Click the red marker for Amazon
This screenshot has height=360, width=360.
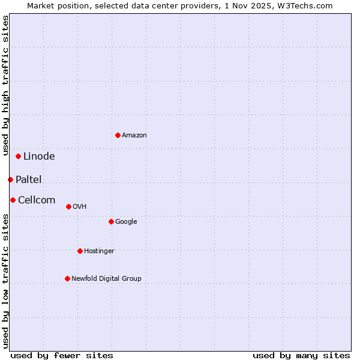(118, 135)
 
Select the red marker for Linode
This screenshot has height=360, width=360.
(18, 156)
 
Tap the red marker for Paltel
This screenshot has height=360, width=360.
(10, 179)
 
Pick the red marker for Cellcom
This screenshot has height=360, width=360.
(13, 200)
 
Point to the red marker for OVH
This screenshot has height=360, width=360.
(68, 206)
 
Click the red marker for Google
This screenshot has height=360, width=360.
(111, 221)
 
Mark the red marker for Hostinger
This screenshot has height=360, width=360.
(80, 251)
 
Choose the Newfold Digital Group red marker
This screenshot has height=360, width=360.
(67, 278)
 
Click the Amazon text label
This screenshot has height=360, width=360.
(134, 136)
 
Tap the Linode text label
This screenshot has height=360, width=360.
(39, 157)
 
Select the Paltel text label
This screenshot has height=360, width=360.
(28, 180)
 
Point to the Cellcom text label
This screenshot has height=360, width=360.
(37, 200)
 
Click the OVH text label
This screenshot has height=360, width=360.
(80, 207)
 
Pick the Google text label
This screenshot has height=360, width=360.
(126, 222)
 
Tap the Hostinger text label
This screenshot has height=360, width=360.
(99, 251)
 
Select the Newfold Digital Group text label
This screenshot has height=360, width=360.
(106, 279)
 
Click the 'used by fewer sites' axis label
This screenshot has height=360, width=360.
(62, 355)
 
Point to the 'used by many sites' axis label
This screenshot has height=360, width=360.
(301, 355)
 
